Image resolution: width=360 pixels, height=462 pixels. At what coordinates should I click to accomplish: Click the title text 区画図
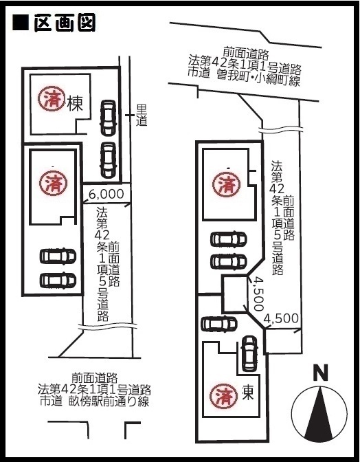point(65,23)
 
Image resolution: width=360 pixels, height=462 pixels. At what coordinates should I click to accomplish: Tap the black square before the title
point(21,23)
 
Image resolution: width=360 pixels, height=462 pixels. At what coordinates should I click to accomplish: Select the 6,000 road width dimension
point(106,194)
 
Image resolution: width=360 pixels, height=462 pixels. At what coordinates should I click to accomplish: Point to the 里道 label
point(142,115)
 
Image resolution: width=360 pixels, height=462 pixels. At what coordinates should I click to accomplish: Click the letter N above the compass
point(320,373)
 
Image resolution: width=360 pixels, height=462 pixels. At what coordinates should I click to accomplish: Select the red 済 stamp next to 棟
point(52,98)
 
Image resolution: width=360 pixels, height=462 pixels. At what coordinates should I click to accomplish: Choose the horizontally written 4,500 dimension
point(281,318)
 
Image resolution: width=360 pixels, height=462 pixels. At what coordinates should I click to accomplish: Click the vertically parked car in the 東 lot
point(249,353)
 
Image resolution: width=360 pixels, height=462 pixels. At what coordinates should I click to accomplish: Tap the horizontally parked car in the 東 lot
point(219,324)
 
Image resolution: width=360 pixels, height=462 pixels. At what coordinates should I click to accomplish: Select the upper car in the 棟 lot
point(108,118)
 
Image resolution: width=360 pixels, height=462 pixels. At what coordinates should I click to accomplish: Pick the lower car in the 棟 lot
point(108,160)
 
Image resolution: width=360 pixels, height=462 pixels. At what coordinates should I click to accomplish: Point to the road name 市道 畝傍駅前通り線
point(94,401)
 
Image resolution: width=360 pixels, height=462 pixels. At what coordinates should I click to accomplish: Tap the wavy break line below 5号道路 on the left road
point(108,326)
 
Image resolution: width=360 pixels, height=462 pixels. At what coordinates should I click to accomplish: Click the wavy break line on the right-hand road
point(281,129)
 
